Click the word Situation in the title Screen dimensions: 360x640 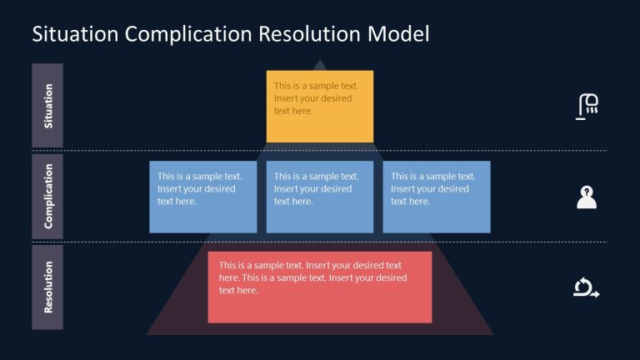74,34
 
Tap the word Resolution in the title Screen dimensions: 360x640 309,34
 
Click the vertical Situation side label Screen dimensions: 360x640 47,106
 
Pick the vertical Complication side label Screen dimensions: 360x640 47,196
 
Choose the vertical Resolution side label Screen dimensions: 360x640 47,287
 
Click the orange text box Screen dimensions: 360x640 320,106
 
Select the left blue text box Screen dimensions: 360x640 203,197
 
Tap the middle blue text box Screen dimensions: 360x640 320,197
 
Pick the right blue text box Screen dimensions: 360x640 437,197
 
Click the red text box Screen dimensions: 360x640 320,287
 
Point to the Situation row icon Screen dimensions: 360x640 587,106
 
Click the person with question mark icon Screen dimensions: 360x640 587,197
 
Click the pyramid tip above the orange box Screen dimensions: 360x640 320,65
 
